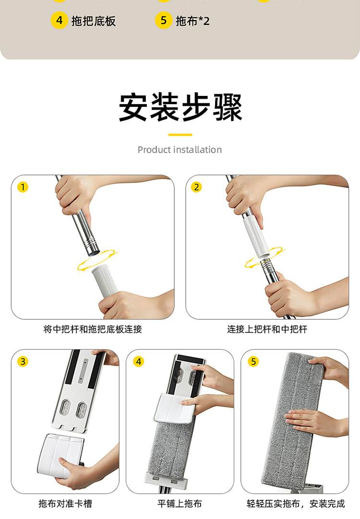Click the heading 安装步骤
[x=180, y=108]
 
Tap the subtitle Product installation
[x=180, y=150]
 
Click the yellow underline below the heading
[x=180, y=135]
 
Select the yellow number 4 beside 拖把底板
[x=60, y=21]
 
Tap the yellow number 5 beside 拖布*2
[x=164, y=21]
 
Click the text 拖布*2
[x=192, y=21]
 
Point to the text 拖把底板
[x=94, y=21]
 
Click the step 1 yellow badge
[x=23, y=187]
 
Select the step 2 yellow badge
[x=196, y=187]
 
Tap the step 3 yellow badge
[x=23, y=362]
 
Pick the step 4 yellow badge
[x=138, y=362]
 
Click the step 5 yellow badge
[x=253, y=362]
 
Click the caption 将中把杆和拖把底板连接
[x=93, y=330]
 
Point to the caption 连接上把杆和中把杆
[x=267, y=330]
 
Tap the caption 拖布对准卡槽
[x=65, y=504]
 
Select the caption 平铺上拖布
[x=180, y=504]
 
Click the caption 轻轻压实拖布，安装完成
[x=296, y=504]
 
